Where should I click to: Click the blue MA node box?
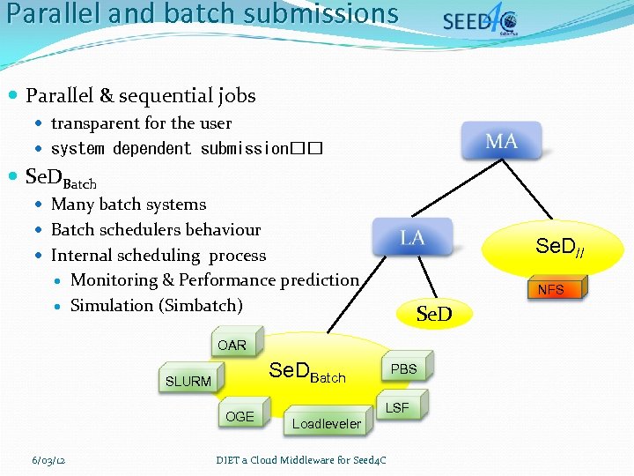tap(501, 141)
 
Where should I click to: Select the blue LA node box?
tap(412, 237)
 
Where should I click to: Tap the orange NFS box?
tap(550, 289)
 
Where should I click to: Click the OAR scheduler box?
tap(232, 345)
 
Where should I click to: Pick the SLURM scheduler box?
tap(188, 381)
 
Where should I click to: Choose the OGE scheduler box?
tap(240, 416)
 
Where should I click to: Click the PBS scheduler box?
tap(403, 368)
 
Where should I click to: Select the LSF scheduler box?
tap(397, 407)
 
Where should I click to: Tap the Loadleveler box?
tap(326, 424)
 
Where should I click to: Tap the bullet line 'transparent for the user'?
tap(141, 123)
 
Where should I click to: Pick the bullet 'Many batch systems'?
tap(129, 205)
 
